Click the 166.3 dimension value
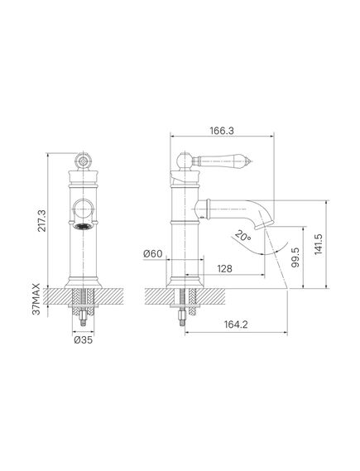[222, 131]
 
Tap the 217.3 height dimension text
[42, 221]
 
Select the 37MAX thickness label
[36, 299]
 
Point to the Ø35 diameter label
[83, 340]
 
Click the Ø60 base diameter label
[153, 254]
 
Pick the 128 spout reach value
[224, 268]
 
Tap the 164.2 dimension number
[236, 324]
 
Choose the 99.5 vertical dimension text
[295, 257]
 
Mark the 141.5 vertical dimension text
[319, 244]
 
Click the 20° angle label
[243, 235]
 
